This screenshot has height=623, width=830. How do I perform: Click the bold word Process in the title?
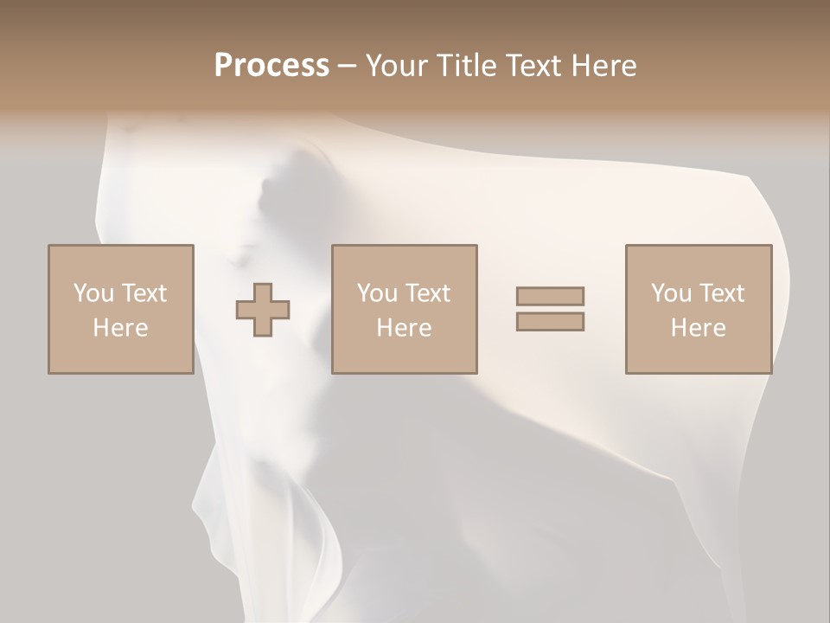tap(271, 66)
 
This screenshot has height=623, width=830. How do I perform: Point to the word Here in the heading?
tap(604, 66)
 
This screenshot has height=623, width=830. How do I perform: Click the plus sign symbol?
tap(263, 310)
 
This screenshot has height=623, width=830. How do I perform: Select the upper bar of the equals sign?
tap(550, 296)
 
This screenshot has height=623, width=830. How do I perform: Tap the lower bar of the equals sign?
tap(550, 322)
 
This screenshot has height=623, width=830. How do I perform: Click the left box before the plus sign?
tap(121, 260)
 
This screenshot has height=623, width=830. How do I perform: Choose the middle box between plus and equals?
tap(405, 260)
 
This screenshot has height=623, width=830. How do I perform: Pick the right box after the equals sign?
tap(699, 260)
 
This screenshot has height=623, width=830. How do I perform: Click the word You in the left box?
tap(93, 293)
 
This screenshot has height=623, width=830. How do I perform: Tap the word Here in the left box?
tap(120, 328)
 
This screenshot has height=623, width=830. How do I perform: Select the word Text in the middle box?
tap(429, 293)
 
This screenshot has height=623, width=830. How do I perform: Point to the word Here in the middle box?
tap(404, 328)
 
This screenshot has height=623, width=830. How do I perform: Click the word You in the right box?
tap(671, 293)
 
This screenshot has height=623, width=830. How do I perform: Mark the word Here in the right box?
tap(698, 328)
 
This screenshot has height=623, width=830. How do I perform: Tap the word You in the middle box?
tap(377, 293)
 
